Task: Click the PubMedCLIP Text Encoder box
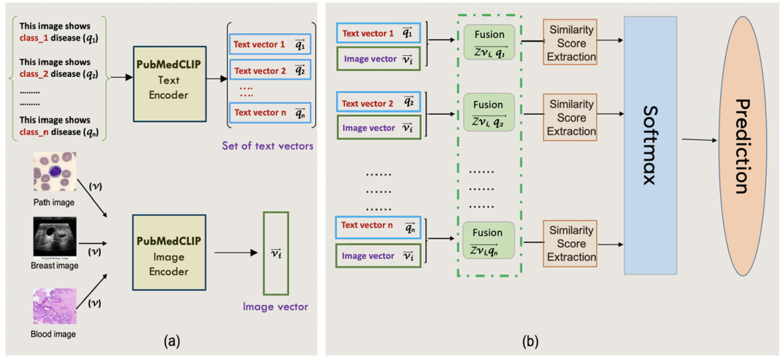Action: point(170,84)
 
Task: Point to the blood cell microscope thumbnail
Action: point(54,171)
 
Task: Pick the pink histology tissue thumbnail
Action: point(54,306)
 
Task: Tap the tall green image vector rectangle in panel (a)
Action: point(276,253)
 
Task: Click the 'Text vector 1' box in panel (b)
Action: point(378,33)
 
